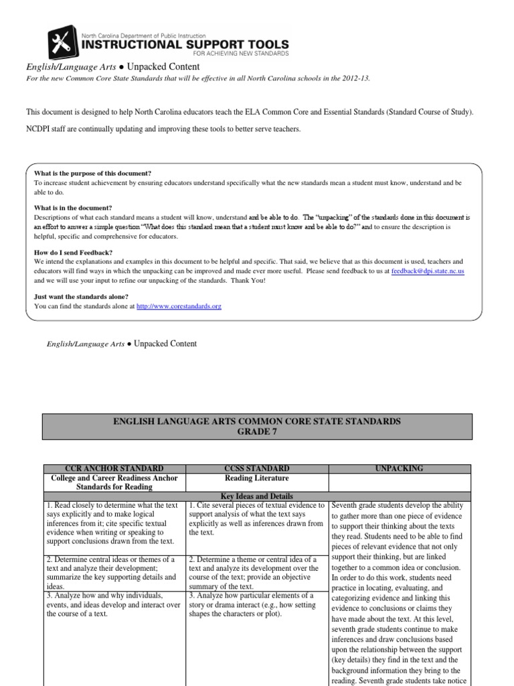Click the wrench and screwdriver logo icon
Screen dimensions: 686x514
[63, 43]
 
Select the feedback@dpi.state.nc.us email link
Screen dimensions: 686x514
[428, 271]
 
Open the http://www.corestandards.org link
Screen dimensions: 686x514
[178, 306]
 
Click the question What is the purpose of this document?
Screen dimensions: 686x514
[93, 173]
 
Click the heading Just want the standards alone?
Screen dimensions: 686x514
[81, 297]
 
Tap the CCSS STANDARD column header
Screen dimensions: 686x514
[256, 468]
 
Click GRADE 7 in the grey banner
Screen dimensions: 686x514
[257, 432]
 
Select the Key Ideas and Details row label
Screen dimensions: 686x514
[256, 495]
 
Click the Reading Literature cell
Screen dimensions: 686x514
[256, 478]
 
